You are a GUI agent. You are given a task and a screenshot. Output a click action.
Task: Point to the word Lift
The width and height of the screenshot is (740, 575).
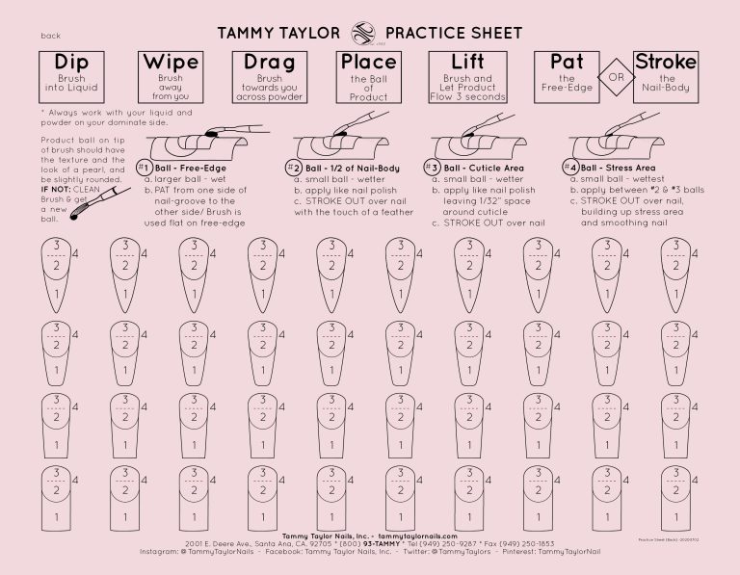pyautogui.click(x=467, y=63)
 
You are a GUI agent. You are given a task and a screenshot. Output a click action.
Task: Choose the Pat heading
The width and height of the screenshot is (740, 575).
pyautogui.click(x=567, y=63)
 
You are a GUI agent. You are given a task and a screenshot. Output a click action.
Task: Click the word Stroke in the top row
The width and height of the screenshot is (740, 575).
pyautogui.click(x=666, y=63)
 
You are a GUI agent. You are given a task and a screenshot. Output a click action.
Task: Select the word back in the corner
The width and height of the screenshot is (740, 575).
pyautogui.click(x=51, y=36)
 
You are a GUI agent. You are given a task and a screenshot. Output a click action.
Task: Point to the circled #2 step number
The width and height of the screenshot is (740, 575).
pyautogui.click(x=294, y=167)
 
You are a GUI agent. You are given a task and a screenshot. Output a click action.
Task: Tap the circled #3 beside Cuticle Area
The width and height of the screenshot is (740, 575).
pyautogui.click(x=433, y=167)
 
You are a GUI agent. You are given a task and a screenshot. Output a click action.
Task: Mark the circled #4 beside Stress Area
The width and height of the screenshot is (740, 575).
pyautogui.click(x=570, y=167)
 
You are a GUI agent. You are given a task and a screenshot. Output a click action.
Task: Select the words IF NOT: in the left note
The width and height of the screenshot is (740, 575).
pyautogui.click(x=56, y=189)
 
